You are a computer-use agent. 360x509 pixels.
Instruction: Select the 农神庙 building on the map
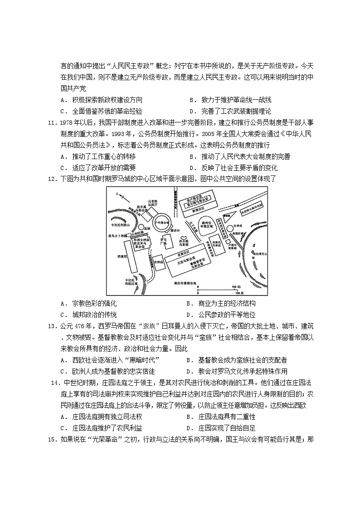[x=157, y=262]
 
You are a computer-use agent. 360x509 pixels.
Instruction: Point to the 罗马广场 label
[x=164, y=242]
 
